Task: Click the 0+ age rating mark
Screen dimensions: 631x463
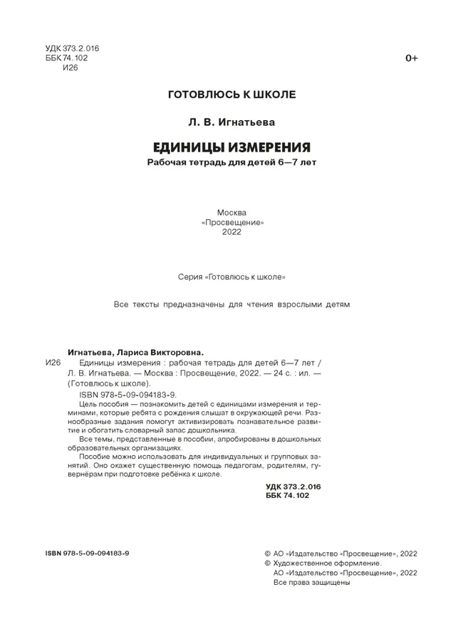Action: [411, 58]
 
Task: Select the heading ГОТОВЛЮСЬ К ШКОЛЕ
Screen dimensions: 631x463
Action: [231, 94]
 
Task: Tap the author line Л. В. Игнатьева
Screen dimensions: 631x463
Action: [231, 122]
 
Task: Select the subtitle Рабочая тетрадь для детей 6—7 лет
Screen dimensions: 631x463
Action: [231, 163]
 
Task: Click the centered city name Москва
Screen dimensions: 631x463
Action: [231, 211]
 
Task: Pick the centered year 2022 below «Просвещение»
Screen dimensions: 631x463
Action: [231, 233]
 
